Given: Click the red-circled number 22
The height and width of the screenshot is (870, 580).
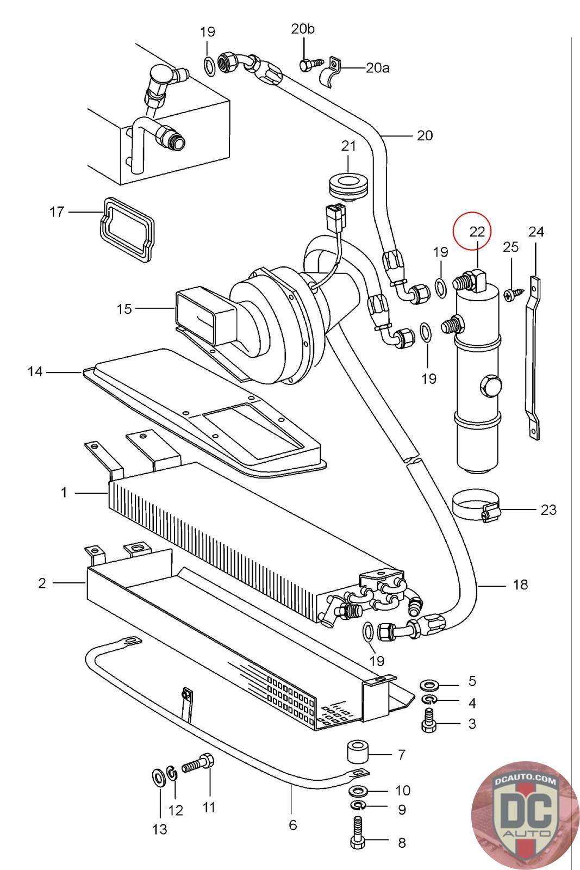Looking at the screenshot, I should [477, 231].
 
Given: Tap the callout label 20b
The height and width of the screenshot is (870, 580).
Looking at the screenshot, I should [303, 29].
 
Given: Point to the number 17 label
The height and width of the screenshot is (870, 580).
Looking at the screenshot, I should [57, 212].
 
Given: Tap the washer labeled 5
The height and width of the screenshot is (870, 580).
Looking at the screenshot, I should [431, 682].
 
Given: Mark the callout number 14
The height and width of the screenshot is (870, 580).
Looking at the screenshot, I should [35, 372].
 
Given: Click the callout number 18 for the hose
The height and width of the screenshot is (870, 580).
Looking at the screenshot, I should [520, 585].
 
